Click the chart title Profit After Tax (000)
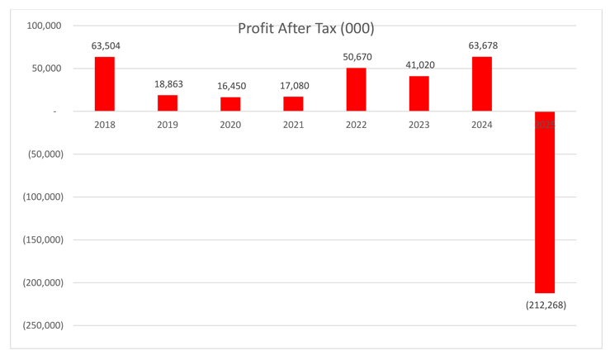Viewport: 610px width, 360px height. point(305,29)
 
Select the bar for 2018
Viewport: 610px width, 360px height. point(105,83)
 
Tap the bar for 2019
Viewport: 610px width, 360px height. point(168,103)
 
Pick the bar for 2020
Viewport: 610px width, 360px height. point(230,104)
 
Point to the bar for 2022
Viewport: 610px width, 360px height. point(356,89)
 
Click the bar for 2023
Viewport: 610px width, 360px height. point(419,93)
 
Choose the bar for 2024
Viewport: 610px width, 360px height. point(482,83)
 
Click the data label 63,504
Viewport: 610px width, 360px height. point(106,46)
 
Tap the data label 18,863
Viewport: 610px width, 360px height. point(168,84)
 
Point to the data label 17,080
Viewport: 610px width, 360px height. point(294,86)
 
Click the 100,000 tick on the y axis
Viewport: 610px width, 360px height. point(45,26)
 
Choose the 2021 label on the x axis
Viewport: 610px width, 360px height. point(294,125)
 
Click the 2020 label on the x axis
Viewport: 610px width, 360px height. point(230,125)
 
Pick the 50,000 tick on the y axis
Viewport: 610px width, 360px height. point(48,69)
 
